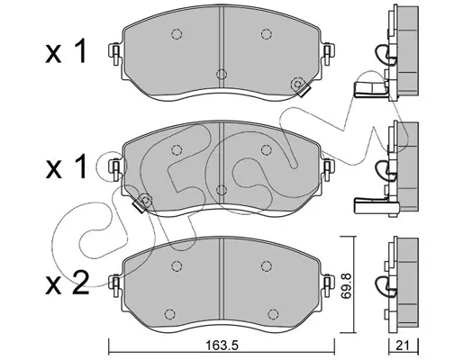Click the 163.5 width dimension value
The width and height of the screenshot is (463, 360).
[222, 346]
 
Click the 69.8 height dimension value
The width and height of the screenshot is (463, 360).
[347, 285]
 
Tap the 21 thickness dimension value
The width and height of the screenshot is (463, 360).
[403, 346]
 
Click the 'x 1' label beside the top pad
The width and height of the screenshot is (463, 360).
[66, 51]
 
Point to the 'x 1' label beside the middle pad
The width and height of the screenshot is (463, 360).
[66, 166]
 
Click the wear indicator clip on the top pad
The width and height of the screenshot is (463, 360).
[300, 86]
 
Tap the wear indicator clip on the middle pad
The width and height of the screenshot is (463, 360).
[142, 202]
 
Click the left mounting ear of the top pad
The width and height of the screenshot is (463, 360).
[115, 54]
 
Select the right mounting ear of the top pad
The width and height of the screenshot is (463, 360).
[328, 54]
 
